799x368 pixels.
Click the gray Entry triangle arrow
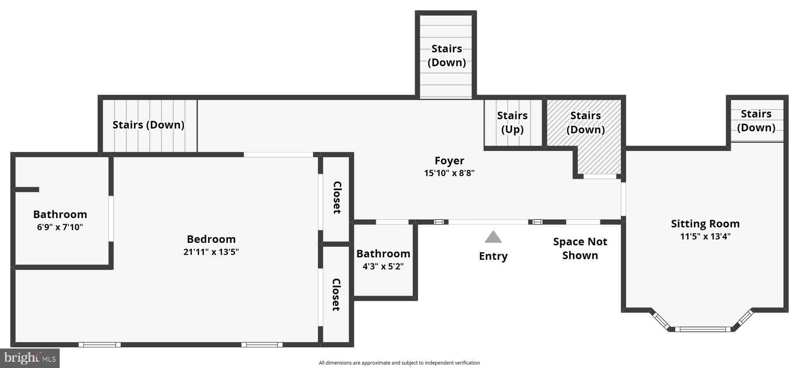[493, 237]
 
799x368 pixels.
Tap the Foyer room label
[449, 161]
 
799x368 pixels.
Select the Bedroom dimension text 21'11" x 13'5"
[211, 252]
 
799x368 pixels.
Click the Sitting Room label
[705, 224]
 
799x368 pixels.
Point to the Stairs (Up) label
[512, 122]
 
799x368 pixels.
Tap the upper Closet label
[337, 198]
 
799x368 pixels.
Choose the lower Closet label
[336, 294]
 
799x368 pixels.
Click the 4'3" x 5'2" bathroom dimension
[383, 267]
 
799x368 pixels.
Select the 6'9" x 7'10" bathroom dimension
[60, 227]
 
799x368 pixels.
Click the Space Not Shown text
[580, 248]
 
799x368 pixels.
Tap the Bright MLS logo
[30, 358]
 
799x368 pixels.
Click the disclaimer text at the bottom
[399, 363]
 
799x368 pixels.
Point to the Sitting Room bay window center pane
[702, 329]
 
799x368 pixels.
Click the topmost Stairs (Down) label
[446, 55]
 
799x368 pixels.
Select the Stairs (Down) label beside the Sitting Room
[756, 120]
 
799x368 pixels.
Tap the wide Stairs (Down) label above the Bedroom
[148, 125]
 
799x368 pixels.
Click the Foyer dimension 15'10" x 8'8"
[449, 173]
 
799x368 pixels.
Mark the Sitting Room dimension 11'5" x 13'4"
[705, 236]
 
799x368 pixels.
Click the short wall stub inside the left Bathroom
[27, 189]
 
